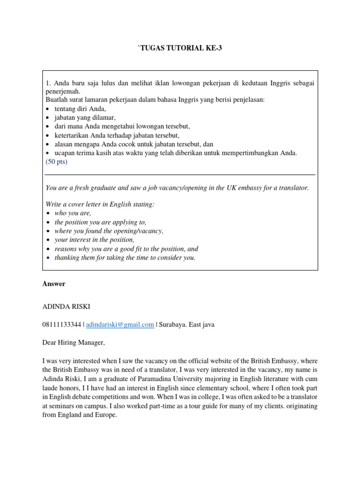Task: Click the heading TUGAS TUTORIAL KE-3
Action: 180,48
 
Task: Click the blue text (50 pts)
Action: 56,162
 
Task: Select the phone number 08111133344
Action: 61,324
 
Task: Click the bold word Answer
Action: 54,284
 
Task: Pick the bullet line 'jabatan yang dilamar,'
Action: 85,118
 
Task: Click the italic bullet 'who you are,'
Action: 73,213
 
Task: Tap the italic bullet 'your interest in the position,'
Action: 97,240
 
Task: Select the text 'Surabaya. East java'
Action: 187,324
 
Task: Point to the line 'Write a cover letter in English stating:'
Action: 100,204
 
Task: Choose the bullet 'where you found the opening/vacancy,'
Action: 109,231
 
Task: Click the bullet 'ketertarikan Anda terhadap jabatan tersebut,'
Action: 117,135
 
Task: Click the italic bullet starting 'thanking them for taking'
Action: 125,258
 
